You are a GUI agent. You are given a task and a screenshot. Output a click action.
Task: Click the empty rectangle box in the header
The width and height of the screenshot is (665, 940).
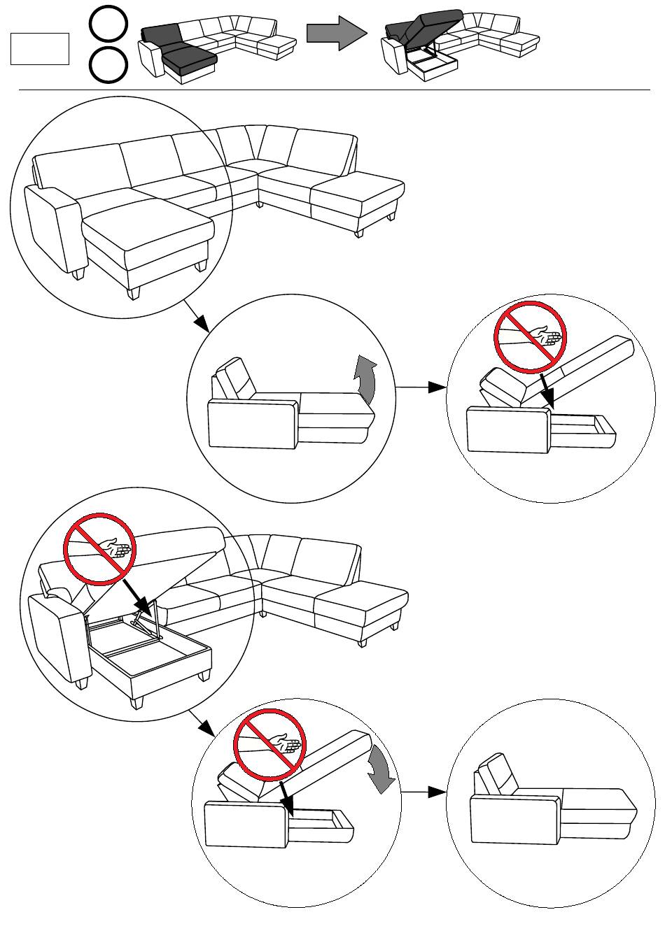[40, 49]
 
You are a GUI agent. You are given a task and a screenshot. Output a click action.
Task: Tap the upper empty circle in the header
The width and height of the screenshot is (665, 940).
[108, 23]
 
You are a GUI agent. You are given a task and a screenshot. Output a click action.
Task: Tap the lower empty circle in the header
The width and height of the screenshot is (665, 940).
[108, 66]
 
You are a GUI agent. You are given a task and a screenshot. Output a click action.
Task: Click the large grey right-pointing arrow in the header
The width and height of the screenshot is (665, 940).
[336, 33]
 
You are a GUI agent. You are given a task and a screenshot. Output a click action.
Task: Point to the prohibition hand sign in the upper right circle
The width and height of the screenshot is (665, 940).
[530, 336]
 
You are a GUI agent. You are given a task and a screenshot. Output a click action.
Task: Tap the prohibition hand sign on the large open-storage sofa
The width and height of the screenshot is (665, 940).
[99, 549]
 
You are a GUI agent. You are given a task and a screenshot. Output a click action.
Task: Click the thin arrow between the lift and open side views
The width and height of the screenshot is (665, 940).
[421, 387]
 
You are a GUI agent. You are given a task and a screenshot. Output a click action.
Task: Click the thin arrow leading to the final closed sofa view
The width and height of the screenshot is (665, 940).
[423, 792]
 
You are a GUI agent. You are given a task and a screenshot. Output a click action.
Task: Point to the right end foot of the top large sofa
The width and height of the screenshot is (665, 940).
[359, 232]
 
